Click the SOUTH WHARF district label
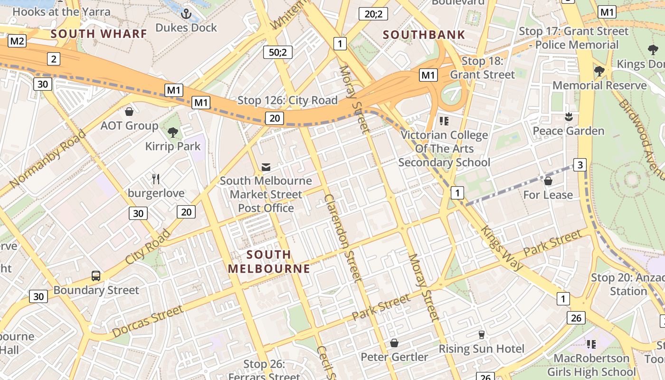[x=99, y=34]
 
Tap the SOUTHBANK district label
[x=424, y=35]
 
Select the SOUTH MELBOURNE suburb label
[x=269, y=261]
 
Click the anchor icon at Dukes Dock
[x=186, y=14]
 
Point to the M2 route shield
[x=17, y=41]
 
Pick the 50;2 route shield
[x=278, y=52]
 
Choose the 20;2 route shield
[x=373, y=14]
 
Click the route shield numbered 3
[x=579, y=165]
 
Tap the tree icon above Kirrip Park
[x=173, y=133]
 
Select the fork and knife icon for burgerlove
[x=156, y=179]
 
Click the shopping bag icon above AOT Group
[x=129, y=112]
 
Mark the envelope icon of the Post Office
[x=266, y=167]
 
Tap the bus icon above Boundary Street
[x=96, y=275]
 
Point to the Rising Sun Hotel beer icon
[x=481, y=335]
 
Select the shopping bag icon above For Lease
[x=548, y=181]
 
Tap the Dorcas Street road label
[x=148, y=322]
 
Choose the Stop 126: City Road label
[x=287, y=100]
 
